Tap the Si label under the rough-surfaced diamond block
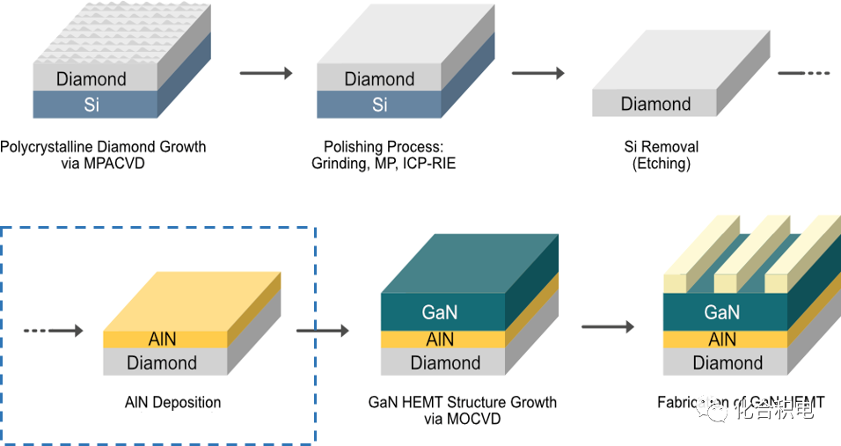point(91,105)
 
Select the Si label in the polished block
point(379,105)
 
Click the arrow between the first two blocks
point(266,73)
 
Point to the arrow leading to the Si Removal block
point(538,73)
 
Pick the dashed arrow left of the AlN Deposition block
point(53,331)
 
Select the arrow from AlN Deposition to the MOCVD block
point(323,331)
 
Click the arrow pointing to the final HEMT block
point(607,327)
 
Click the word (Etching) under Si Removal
point(662,164)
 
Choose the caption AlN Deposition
point(172,403)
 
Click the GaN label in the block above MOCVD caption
point(440,313)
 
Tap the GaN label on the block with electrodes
point(722,312)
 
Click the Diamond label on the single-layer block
point(655,104)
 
